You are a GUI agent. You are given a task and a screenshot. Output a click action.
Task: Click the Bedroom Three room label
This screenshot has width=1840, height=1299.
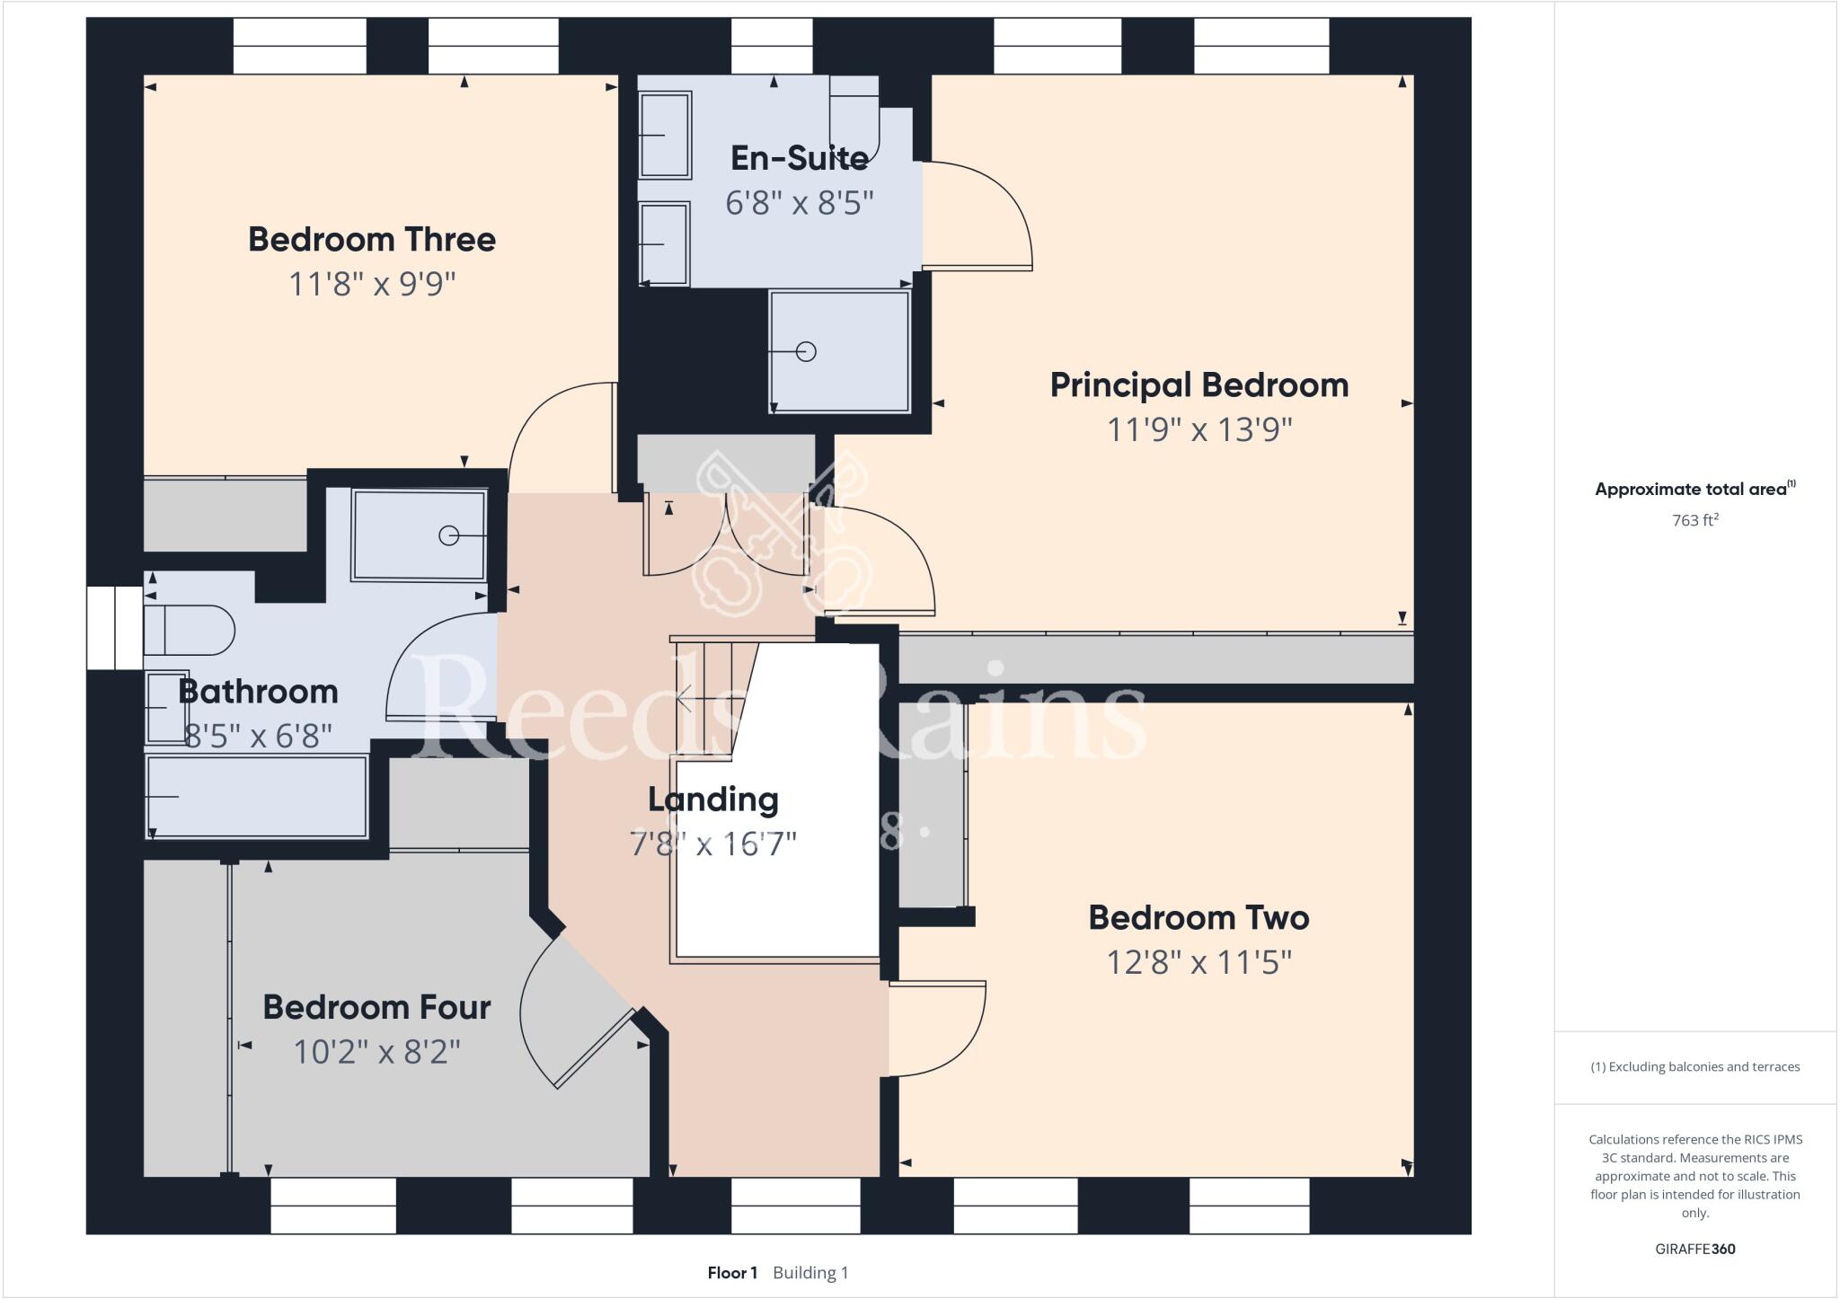[x=372, y=240]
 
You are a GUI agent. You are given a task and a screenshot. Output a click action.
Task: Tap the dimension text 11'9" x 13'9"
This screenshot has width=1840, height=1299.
[x=1199, y=430]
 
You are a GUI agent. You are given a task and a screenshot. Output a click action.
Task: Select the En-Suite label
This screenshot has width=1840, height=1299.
[x=799, y=159]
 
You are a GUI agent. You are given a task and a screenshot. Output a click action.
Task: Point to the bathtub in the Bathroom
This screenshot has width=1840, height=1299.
[x=257, y=797]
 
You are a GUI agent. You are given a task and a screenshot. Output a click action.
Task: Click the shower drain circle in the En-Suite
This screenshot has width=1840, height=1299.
[x=806, y=352]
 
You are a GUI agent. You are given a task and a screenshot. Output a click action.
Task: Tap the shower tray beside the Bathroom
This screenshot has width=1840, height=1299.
[x=419, y=535]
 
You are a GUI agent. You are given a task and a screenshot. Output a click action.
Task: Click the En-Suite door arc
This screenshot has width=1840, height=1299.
[x=979, y=216]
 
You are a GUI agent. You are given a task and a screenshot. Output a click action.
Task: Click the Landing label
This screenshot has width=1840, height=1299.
[x=713, y=800]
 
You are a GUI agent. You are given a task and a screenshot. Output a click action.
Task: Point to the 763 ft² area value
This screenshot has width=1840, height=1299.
[x=1694, y=520]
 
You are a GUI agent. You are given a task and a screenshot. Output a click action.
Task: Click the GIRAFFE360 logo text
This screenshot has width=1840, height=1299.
[x=1694, y=1249]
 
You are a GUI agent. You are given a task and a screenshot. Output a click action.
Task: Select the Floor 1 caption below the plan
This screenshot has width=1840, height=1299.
[x=732, y=1273]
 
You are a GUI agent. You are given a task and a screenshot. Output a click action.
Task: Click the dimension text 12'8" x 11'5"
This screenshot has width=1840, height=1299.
[x=1199, y=963]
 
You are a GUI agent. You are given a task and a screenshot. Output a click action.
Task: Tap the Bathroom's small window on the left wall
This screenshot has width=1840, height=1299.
[x=115, y=628]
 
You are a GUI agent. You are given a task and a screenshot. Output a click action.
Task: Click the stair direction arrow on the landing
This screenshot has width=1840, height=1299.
[x=685, y=697]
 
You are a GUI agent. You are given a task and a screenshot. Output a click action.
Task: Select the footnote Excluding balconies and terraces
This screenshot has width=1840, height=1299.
[x=1694, y=1067]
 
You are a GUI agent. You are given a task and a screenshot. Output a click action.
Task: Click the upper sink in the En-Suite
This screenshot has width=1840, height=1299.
[x=664, y=135]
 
